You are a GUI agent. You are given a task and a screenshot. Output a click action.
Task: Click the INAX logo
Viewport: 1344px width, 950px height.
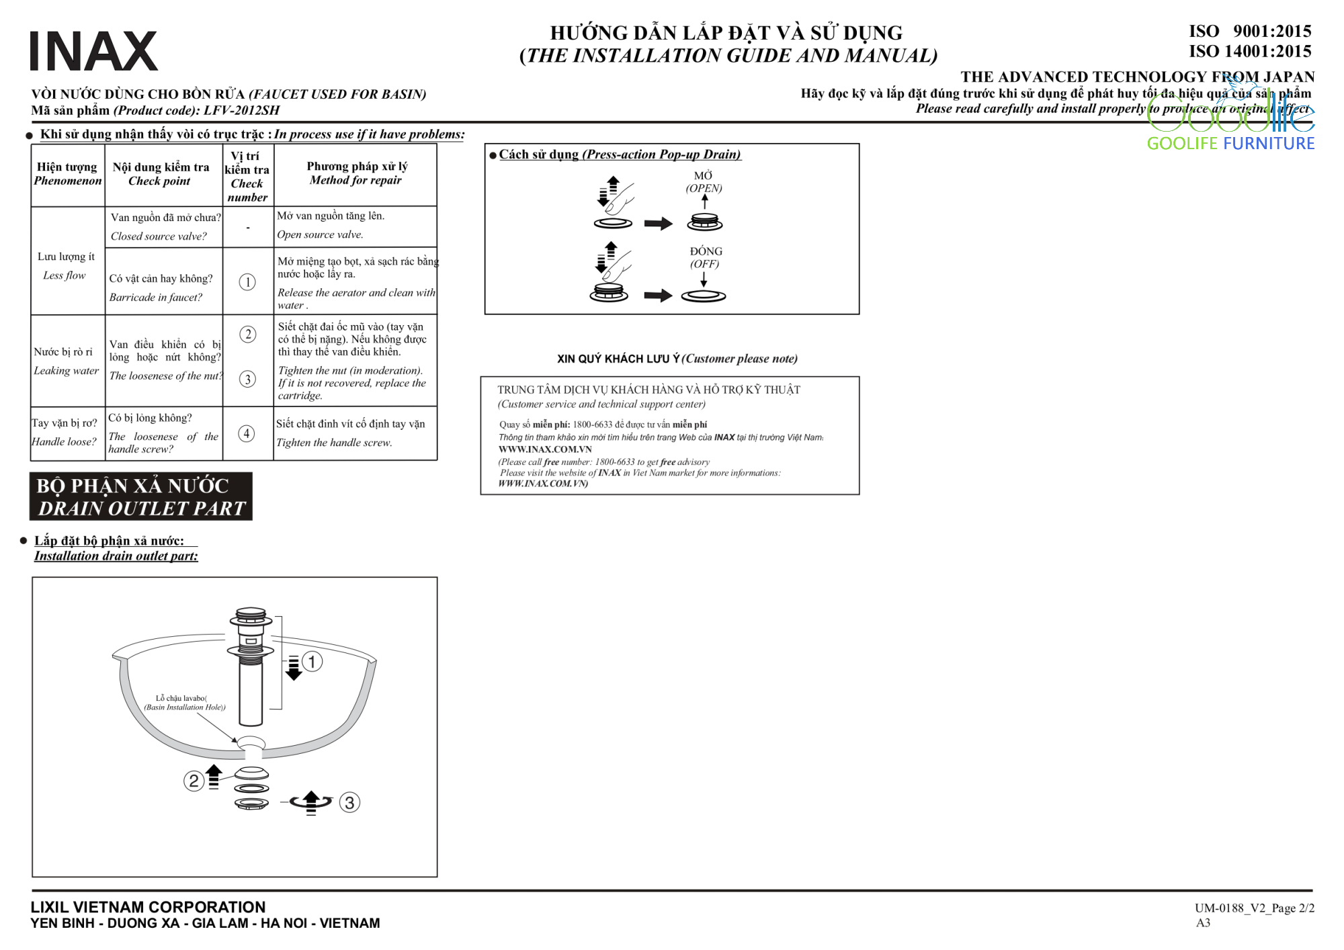pyautogui.click(x=94, y=50)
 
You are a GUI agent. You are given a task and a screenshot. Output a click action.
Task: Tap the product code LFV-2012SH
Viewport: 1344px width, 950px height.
pyautogui.click(x=241, y=110)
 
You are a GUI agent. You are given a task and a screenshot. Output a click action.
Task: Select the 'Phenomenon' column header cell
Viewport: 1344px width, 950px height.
pyautogui.click(x=68, y=174)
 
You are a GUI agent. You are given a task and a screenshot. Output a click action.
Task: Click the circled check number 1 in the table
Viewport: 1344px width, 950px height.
pyautogui.click(x=247, y=282)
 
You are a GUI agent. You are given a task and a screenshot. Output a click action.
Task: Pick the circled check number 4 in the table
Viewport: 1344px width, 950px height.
pyautogui.click(x=247, y=433)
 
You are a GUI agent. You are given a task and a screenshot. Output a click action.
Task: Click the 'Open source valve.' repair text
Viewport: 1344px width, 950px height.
pyautogui.click(x=320, y=234)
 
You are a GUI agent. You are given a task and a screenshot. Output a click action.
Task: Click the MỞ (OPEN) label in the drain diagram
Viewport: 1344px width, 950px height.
pyautogui.click(x=704, y=181)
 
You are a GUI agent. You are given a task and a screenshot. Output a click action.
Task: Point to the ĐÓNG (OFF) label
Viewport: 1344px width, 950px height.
pyautogui.click(x=706, y=257)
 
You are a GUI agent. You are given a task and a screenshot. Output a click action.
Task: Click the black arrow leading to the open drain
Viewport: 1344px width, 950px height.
pyautogui.click(x=659, y=224)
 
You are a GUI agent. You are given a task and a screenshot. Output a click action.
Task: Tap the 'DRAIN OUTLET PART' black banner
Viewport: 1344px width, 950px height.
pyautogui.click(x=141, y=496)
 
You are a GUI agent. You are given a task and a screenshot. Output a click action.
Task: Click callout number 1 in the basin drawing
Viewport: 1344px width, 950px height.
pyautogui.click(x=312, y=662)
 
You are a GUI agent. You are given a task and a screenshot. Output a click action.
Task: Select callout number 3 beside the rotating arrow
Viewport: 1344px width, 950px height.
pyautogui.click(x=349, y=802)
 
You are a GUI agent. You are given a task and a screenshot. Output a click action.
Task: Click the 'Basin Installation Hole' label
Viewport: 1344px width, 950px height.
pyautogui.click(x=185, y=703)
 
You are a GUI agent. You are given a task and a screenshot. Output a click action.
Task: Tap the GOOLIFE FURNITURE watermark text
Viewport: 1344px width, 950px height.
pyautogui.click(x=1230, y=143)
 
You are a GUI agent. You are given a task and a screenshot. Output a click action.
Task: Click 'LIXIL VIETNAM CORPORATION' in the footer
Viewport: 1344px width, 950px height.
pyautogui.click(x=148, y=907)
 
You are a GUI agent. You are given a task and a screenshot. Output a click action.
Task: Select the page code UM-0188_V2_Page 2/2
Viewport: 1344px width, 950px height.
pyautogui.click(x=1255, y=908)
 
